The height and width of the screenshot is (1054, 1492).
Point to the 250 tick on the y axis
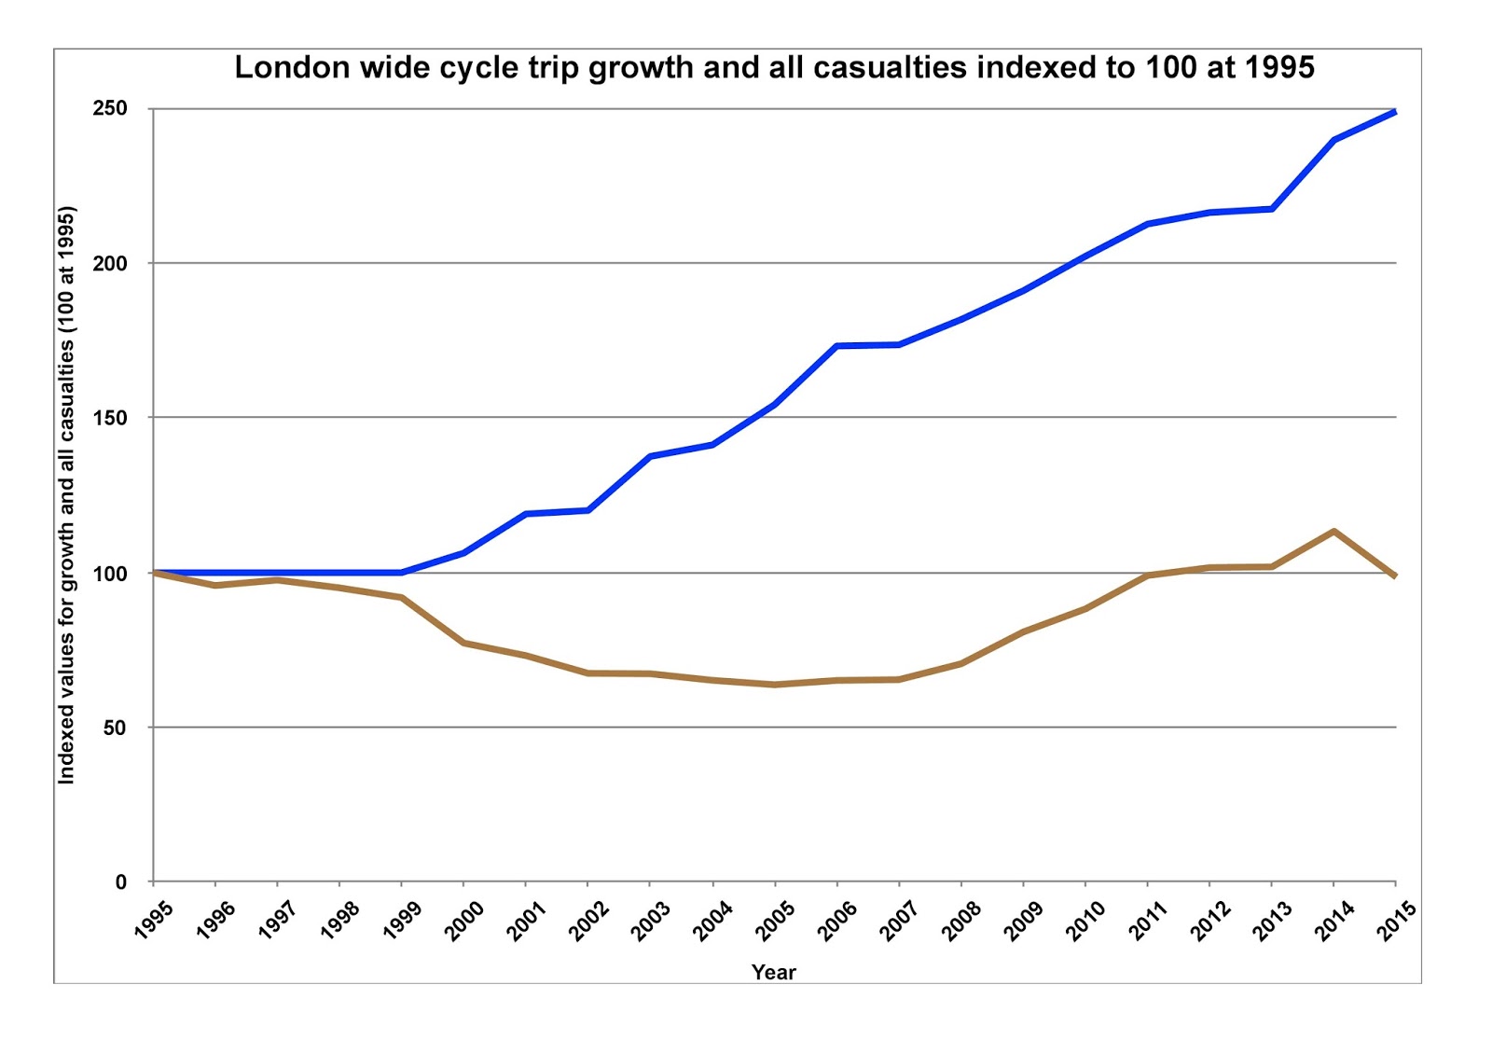pyautogui.click(x=109, y=108)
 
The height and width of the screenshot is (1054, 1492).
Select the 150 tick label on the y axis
pyautogui.click(x=109, y=418)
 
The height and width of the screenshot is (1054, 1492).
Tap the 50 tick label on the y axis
pyautogui.click(x=115, y=728)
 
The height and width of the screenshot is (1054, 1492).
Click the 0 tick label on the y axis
pyautogui.click(x=120, y=882)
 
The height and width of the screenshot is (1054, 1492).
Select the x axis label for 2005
pyautogui.click(x=774, y=922)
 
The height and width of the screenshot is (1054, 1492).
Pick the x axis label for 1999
pyautogui.click(x=401, y=922)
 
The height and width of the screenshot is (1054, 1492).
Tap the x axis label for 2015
pyautogui.click(x=1396, y=922)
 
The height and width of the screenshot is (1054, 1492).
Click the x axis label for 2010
pyautogui.click(x=1085, y=922)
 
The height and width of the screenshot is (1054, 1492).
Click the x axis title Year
pyautogui.click(x=773, y=972)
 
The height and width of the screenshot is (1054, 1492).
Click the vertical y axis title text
pyautogui.click(x=66, y=495)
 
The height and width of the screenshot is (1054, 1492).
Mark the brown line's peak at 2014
pyautogui.click(x=1333, y=532)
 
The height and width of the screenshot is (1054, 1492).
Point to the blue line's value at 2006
pyautogui.click(x=836, y=346)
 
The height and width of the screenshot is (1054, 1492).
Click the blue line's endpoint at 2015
pyautogui.click(x=1394, y=112)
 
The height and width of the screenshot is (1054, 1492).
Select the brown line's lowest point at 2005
pyautogui.click(x=774, y=685)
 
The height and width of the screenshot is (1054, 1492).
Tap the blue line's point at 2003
pyautogui.click(x=650, y=456)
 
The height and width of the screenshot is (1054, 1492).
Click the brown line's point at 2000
pyautogui.click(x=463, y=643)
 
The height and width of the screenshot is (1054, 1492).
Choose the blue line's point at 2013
pyautogui.click(x=1272, y=209)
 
